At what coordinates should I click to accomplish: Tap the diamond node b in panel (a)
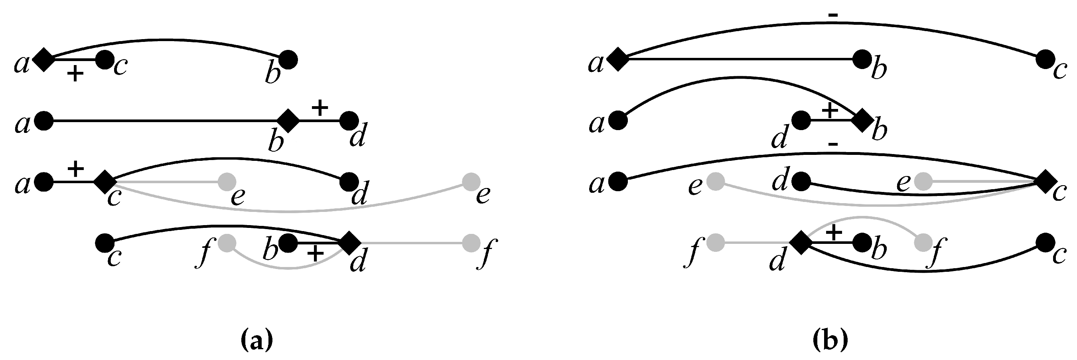tap(288, 121)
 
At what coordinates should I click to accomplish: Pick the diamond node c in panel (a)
tap(104, 182)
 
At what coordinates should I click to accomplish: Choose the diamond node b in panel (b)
tap(862, 121)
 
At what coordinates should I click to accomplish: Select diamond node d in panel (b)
tap(801, 243)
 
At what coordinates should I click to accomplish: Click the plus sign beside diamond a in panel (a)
tap(75, 74)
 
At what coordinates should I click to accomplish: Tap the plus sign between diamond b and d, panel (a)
tap(320, 108)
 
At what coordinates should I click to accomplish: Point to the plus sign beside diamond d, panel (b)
tap(833, 232)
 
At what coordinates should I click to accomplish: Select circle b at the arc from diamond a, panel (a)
tap(288, 60)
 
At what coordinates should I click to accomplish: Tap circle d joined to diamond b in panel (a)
tap(349, 121)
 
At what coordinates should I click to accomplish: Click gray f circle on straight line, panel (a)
tap(471, 243)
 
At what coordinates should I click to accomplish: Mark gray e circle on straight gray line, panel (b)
tap(923, 182)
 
